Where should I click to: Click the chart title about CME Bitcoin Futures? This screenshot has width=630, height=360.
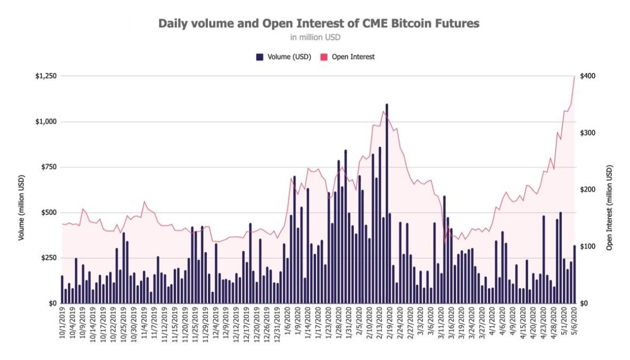[319, 23]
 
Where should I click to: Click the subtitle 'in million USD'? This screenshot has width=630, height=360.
[316, 37]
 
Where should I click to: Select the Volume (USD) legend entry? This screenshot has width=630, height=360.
[284, 57]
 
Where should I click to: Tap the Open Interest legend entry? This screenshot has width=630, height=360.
[348, 57]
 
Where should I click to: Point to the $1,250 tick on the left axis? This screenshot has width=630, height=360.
[46, 76]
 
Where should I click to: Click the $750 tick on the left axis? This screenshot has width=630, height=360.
[49, 167]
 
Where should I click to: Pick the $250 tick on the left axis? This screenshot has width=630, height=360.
[49, 258]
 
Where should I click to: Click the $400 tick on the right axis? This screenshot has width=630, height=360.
[587, 76]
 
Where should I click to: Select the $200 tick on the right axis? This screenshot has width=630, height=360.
[587, 189]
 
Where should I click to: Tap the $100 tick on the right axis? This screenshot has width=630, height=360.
[587, 246]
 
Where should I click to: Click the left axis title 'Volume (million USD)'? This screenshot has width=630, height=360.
[21, 208]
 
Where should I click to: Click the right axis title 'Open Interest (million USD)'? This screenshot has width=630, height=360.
[610, 208]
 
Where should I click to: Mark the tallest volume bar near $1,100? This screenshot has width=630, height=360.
[387, 204]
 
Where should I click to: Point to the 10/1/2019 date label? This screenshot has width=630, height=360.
[62, 323]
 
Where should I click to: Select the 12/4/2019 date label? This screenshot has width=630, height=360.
[216, 323]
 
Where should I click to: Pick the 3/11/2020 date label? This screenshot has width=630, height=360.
[441, 323]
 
